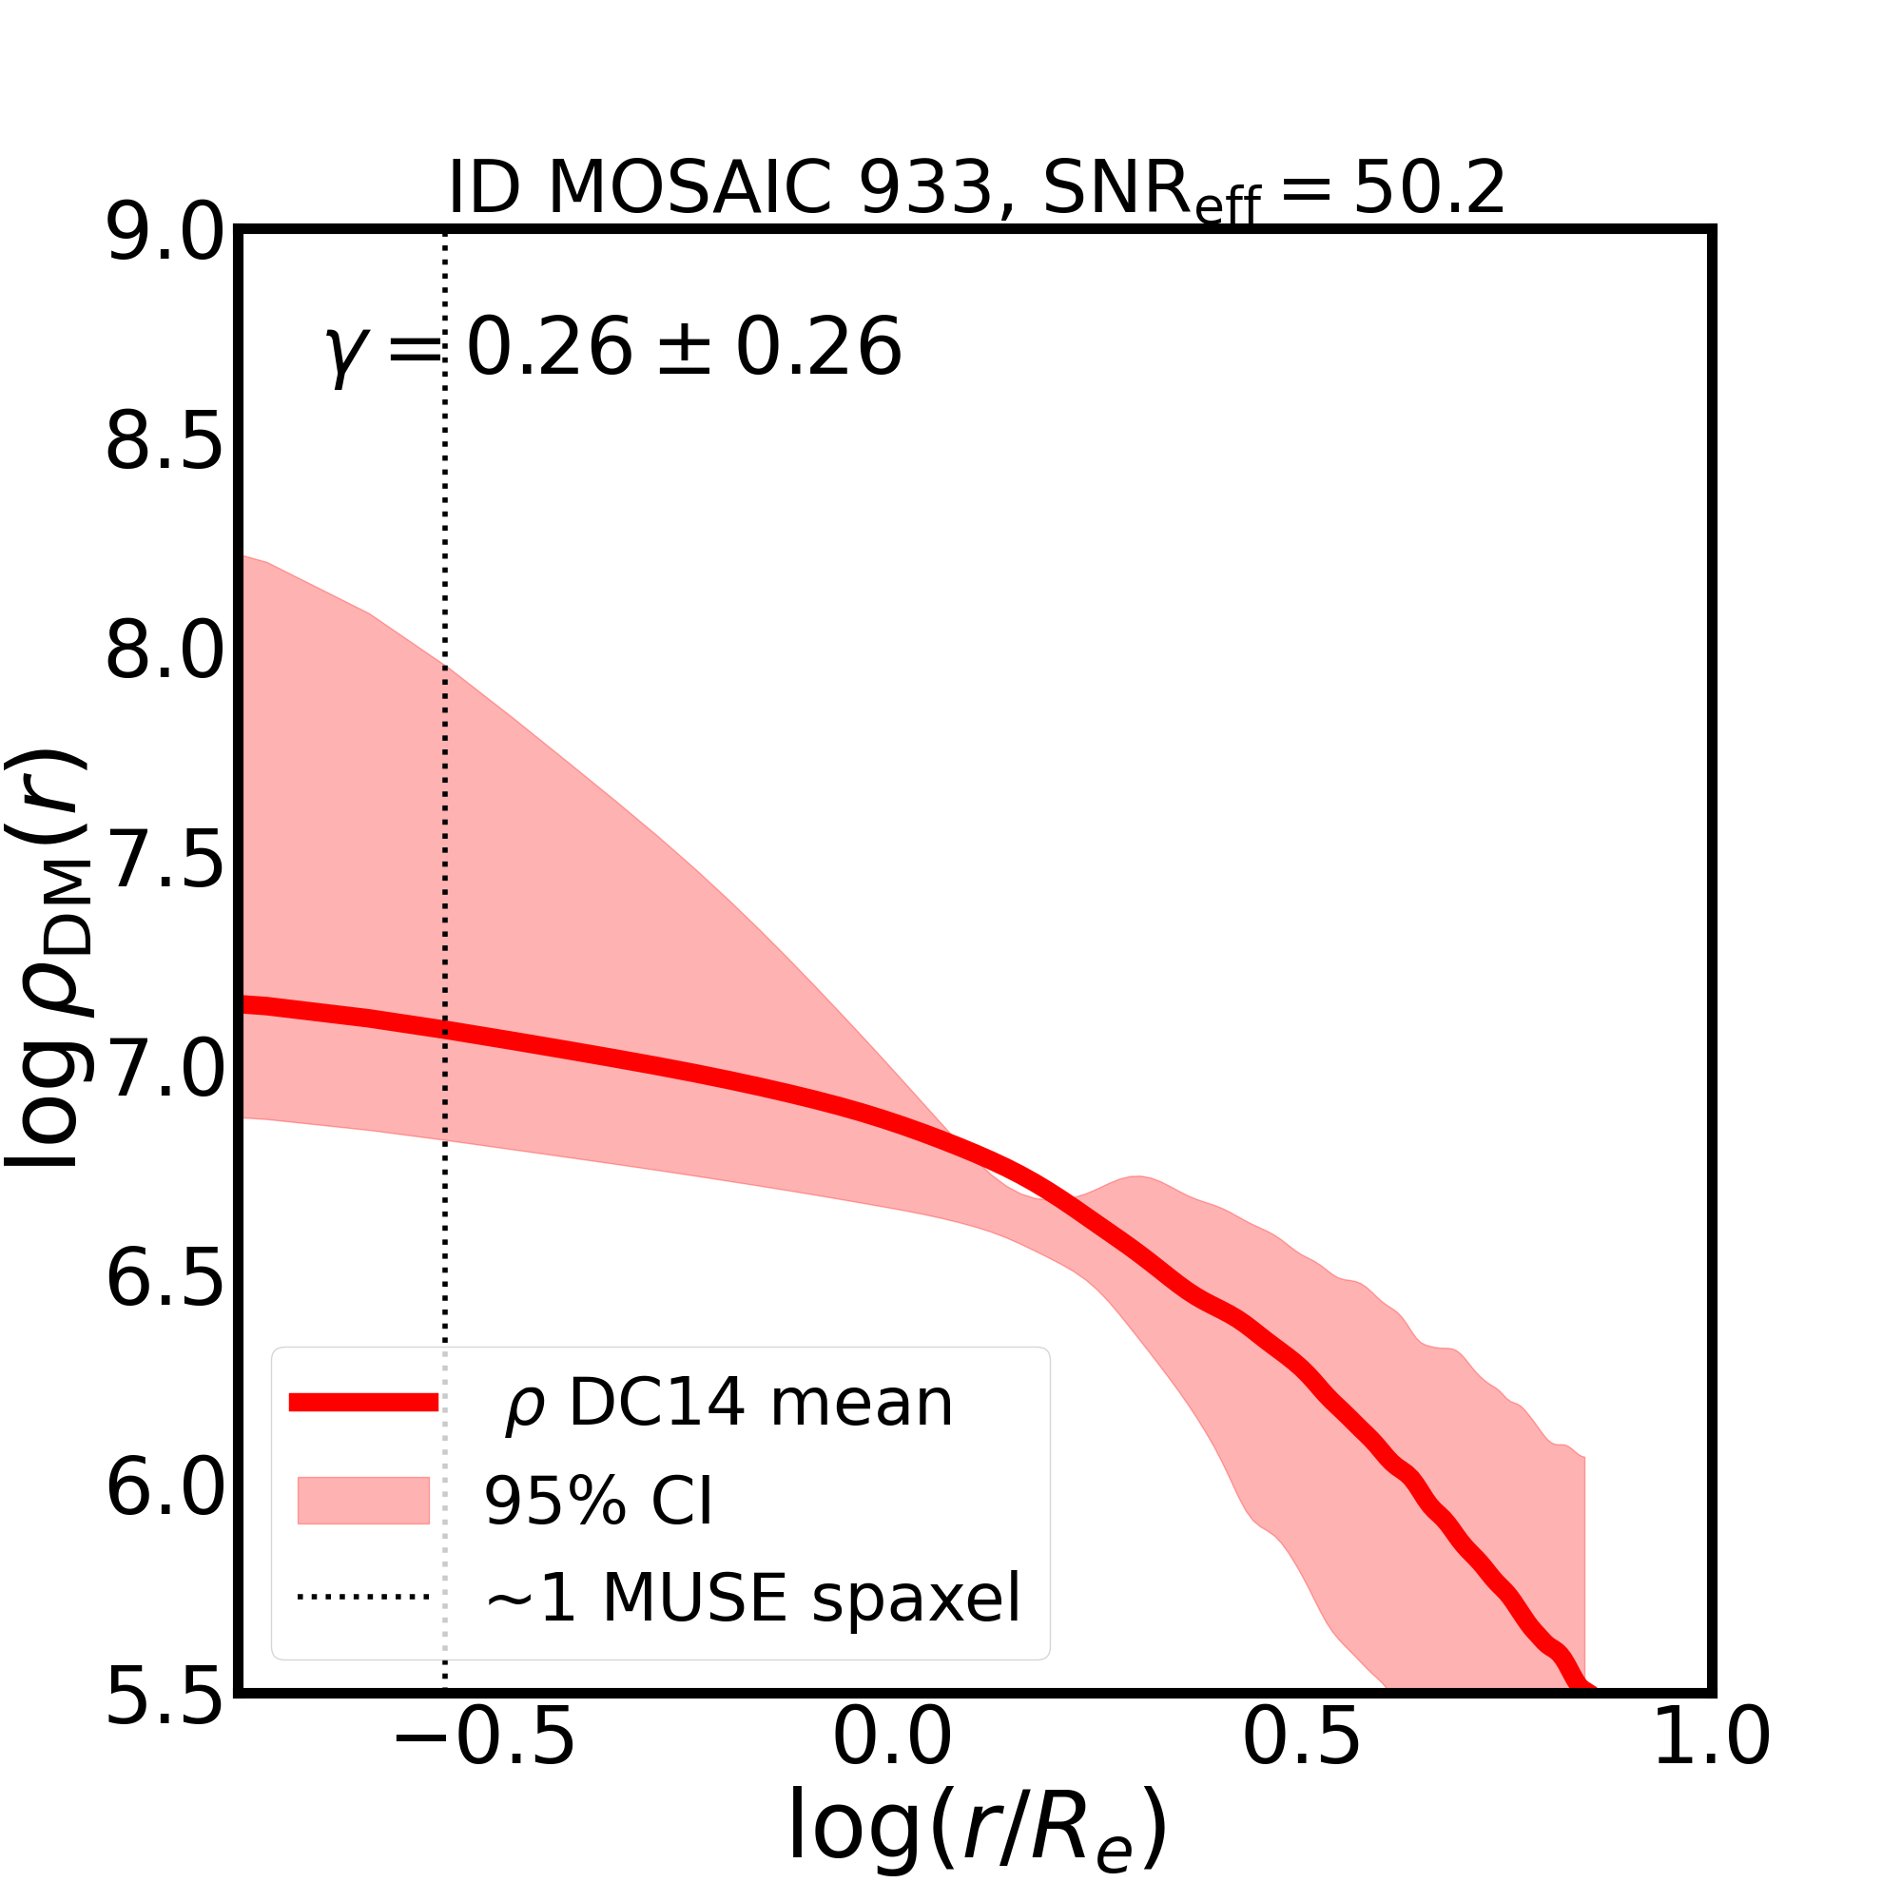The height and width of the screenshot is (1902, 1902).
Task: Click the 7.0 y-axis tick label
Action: click(165, 1070)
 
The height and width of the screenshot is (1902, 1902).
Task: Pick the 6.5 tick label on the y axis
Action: click(165, 1279)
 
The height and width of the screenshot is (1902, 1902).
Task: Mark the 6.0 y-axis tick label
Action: click(165, 1487)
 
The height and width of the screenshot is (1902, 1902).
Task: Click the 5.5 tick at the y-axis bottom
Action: click(165, 1697)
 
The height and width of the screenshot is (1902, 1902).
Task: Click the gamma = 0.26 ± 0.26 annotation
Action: click(612, 348)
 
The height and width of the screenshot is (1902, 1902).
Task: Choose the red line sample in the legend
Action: click(363, 1403)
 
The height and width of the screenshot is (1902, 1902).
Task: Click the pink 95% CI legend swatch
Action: click(363, 1501)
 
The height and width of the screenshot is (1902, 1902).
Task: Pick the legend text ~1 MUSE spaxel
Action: click(753, 1597)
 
